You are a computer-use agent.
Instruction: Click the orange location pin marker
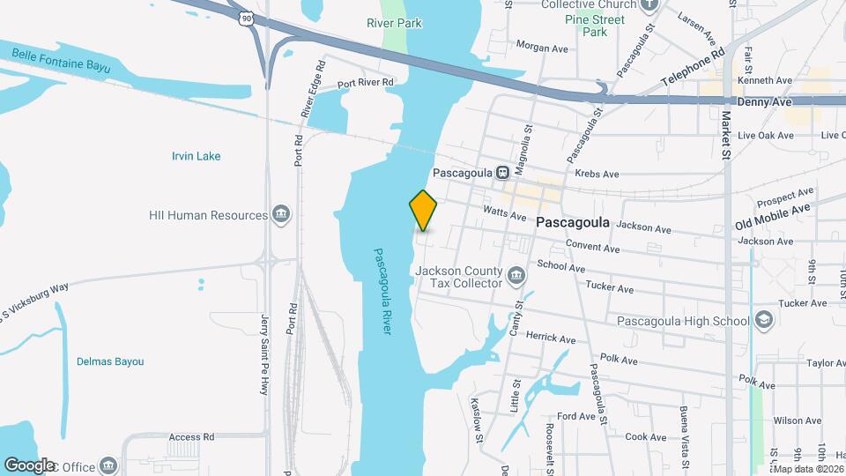423,209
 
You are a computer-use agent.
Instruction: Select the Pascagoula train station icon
502,172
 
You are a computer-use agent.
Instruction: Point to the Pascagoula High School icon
763,320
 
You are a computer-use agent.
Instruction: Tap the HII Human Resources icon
281,215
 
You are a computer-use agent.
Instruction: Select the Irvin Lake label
196,156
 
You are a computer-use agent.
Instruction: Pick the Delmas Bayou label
110,361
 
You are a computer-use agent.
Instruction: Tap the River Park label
394,24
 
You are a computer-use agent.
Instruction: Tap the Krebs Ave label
592,174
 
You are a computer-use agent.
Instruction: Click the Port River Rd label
366,83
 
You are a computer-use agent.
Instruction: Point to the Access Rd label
191,436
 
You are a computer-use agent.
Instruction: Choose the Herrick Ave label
550,337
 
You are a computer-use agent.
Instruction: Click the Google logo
30,465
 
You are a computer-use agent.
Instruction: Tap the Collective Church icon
650,4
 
